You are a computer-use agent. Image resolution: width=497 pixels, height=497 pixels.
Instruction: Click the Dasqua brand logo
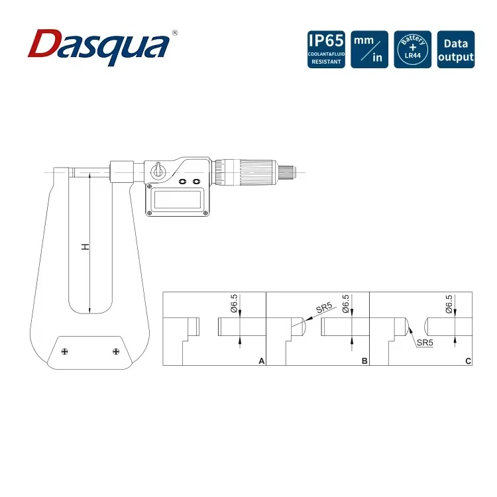pos(99,47)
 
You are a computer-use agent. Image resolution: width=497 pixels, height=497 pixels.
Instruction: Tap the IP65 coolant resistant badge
pos(326,50)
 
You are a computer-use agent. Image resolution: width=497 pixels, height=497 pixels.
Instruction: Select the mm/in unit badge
pos(369,50)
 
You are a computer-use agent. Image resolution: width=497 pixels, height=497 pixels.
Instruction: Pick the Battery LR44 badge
pos(412,50)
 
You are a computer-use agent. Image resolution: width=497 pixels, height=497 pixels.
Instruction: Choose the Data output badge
pos(456,50)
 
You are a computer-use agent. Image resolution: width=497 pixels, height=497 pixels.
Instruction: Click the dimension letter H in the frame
pos(85,247)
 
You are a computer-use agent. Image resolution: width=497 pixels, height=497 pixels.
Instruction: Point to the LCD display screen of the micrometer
pos(177,199)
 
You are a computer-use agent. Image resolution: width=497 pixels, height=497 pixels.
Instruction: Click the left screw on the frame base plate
pos(65,351)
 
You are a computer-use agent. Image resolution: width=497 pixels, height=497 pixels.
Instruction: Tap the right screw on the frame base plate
pos(116,351)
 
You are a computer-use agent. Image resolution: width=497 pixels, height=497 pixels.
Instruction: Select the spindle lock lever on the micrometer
pos(158,170)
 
